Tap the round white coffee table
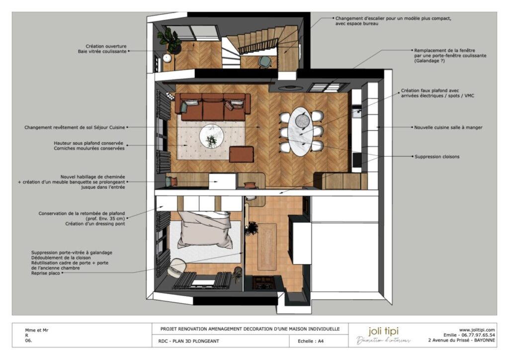211,137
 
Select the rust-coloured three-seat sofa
212,107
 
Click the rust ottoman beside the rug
241,154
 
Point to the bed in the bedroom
204,230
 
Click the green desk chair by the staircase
265,62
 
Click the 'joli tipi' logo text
383,331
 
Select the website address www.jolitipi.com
477,330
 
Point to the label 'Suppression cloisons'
437,157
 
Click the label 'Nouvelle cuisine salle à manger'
448,127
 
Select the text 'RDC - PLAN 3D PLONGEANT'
188,341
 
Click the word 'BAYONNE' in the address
484,340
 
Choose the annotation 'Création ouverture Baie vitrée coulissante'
102,49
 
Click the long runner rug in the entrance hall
267,247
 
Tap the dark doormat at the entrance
263,283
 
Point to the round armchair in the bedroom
177,267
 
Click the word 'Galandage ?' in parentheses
429,61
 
